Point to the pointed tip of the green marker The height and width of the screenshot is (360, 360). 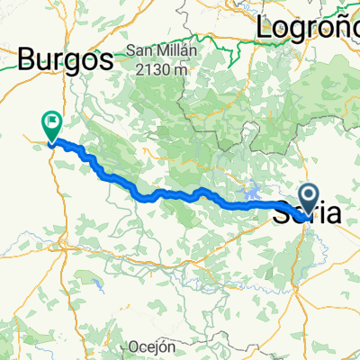click(49, 141)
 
